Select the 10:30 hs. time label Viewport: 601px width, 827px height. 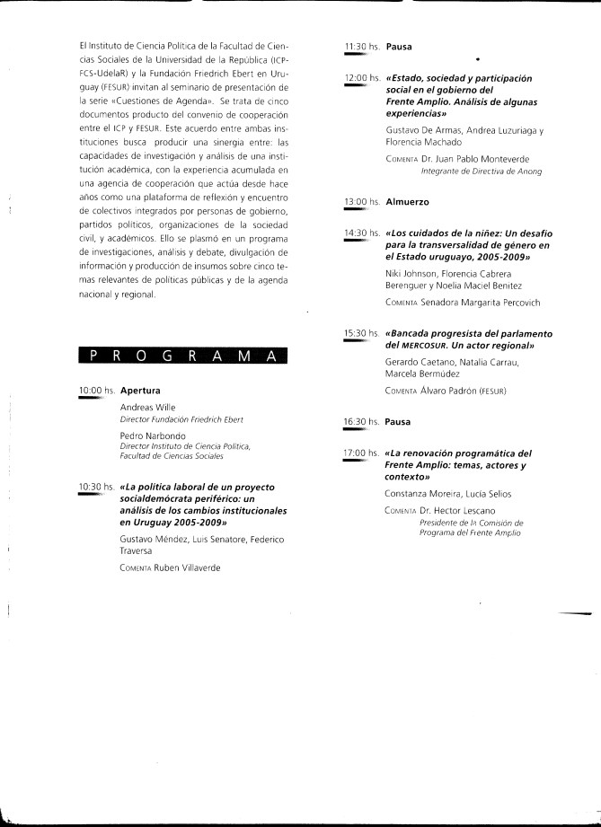tap(97, 487)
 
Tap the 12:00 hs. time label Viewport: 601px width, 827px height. tap(362, 79)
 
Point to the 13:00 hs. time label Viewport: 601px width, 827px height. tap(362, 203)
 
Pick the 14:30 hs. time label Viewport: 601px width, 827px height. tap(362, 233)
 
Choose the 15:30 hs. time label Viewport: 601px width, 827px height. tap(362, 333)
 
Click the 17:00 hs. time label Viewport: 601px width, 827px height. tap(362, 453)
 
